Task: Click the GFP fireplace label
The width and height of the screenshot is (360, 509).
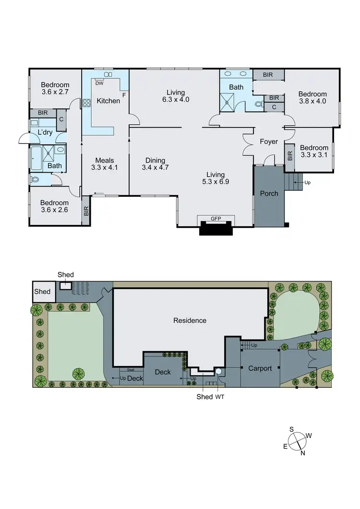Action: pos(215,218)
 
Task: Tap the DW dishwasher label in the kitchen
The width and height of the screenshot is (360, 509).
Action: pos(99,83)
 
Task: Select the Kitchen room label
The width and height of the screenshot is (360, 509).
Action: pos(108,101)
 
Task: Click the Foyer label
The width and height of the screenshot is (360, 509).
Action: pos(269,142)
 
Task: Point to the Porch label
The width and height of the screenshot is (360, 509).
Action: pos(269,193)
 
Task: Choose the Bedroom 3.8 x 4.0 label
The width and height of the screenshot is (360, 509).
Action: pos(312,97)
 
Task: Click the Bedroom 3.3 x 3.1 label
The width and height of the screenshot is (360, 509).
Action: pos(314,152)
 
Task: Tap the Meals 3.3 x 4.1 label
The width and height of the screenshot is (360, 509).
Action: pos(104,164)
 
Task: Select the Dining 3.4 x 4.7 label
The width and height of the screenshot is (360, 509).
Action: pos(153,164)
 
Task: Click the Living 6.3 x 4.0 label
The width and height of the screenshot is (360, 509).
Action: pos(175,96)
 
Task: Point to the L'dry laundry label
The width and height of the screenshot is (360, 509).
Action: pos(38,132)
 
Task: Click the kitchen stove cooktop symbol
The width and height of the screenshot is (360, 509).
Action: pos(87,102)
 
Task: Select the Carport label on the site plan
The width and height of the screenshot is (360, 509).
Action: pos(260,368)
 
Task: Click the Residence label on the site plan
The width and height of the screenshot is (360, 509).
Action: pos(190,320)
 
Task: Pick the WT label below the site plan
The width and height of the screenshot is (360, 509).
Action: pos(220,397)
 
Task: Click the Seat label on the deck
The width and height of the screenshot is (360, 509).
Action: pos(131,370)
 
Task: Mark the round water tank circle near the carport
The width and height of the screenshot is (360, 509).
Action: pos(218,371)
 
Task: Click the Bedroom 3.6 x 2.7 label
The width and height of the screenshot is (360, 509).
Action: pos(55,89)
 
